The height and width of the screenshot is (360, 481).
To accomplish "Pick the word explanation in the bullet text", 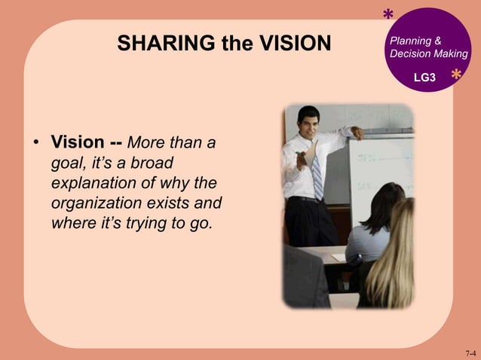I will coord(96,183).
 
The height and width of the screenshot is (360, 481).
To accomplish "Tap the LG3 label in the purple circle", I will coord(424,78).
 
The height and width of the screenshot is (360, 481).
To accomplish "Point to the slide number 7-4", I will coord(470,352).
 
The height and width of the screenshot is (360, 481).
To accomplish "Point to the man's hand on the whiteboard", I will coord(357,134).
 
